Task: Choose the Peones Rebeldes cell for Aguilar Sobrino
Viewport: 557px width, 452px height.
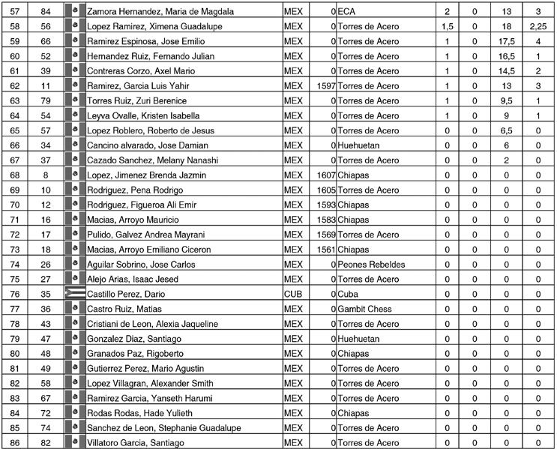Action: click(x=372, y=265)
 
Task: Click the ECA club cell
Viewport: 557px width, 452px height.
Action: click(x=346, y=12)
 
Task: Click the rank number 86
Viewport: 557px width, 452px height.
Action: click(x=14, y=442)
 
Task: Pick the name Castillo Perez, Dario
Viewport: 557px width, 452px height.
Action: click(x=126, y=294)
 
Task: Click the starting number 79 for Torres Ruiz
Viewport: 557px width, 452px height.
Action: click(x=46, y=101)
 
